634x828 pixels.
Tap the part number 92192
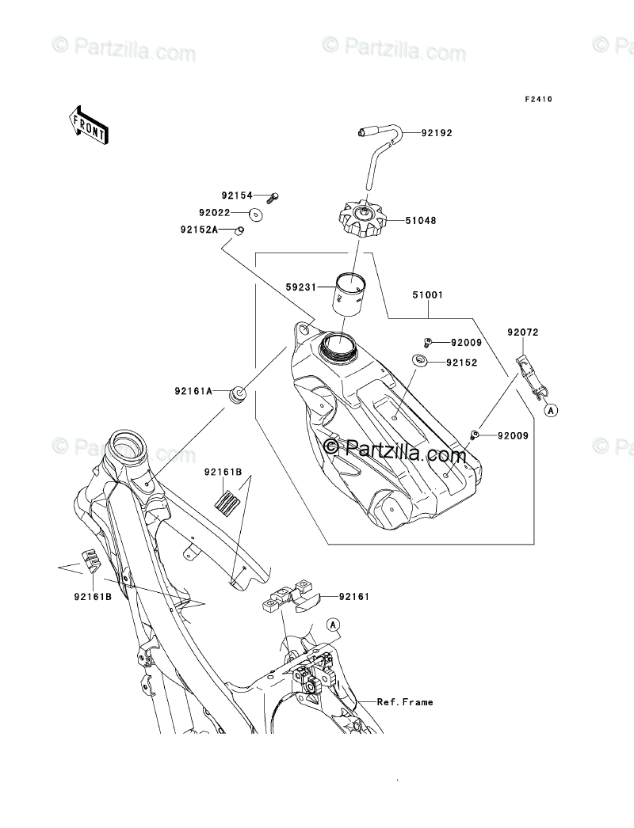pyautogui.click(x=437, y=133)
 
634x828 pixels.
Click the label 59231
pyautogui.click(x=300, y=287)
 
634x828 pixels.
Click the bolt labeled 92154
pyautogui.click(x=273, y=197)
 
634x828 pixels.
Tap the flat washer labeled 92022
pyautogui.click(x=257, y=215)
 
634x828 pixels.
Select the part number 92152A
pyautogui.click(x=198, y=230)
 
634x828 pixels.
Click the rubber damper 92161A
pyautogui.click(x=238, y=394)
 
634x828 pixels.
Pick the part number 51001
pyautogui.click(x=428, y=295)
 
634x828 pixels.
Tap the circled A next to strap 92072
pyautogui.click(x=552, y=409)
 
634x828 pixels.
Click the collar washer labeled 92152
pyautogui.click(x=421, y=360)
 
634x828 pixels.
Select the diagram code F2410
pyautogui.click(x=538, y=99)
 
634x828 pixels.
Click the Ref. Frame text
pyautogui.click(x=405, y=702)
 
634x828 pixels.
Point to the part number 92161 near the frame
pyautogui.click(x=354, y=597)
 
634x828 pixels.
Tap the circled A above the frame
pyautogui.click(x=333, y=625)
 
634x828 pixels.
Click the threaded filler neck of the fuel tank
pyautogui.click(x=338, y=348)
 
